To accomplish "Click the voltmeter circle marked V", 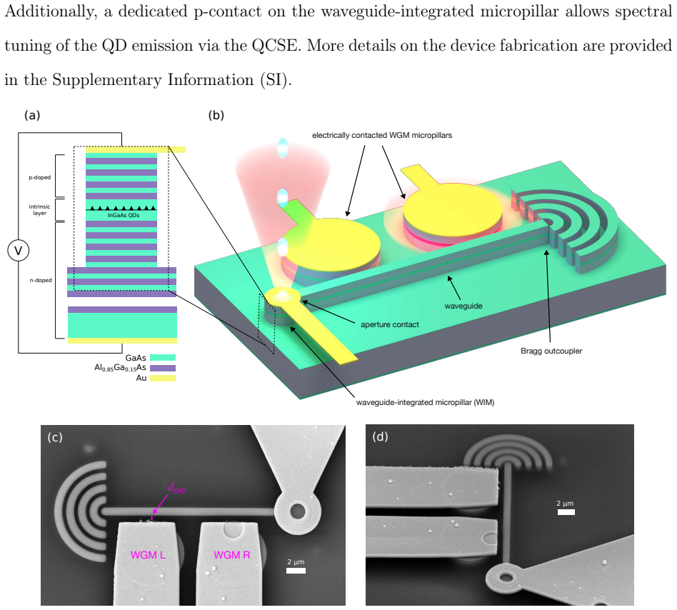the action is pos(18,251).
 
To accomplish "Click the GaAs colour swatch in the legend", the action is pos(163,357).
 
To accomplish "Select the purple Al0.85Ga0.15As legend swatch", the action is pos(163,368).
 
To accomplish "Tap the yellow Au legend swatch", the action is pos(163,378).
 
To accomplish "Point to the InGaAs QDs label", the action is pos(124,215).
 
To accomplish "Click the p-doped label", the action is pos(40,177).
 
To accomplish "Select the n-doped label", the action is pos(41,280).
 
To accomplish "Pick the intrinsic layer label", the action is pos(40,210).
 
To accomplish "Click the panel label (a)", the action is pos(32,115).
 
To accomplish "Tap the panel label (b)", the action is pos(216,115).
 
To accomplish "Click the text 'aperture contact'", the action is pos(390,324).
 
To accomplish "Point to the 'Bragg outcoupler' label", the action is pos(551,351).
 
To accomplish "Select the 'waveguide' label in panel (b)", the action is pos(463,306).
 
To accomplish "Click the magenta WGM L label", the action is pos(148,555).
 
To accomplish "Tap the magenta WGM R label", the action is pos(232,555).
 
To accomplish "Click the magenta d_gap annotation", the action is pos(176,489).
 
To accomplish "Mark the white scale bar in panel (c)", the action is pos(296,571).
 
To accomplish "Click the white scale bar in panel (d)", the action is pos(566,512).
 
